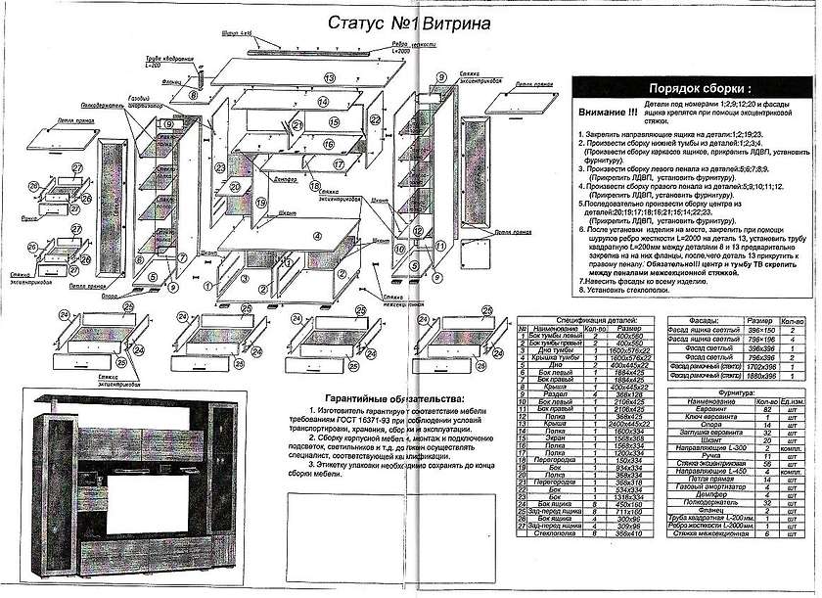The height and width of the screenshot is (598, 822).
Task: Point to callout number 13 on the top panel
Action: pyautogui.click(x=330, y=76)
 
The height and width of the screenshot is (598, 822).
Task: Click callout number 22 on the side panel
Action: pyautogui.click(x=375, y=119)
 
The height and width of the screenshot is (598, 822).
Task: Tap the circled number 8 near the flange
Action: pyautogui.click(x=194, y=96)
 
